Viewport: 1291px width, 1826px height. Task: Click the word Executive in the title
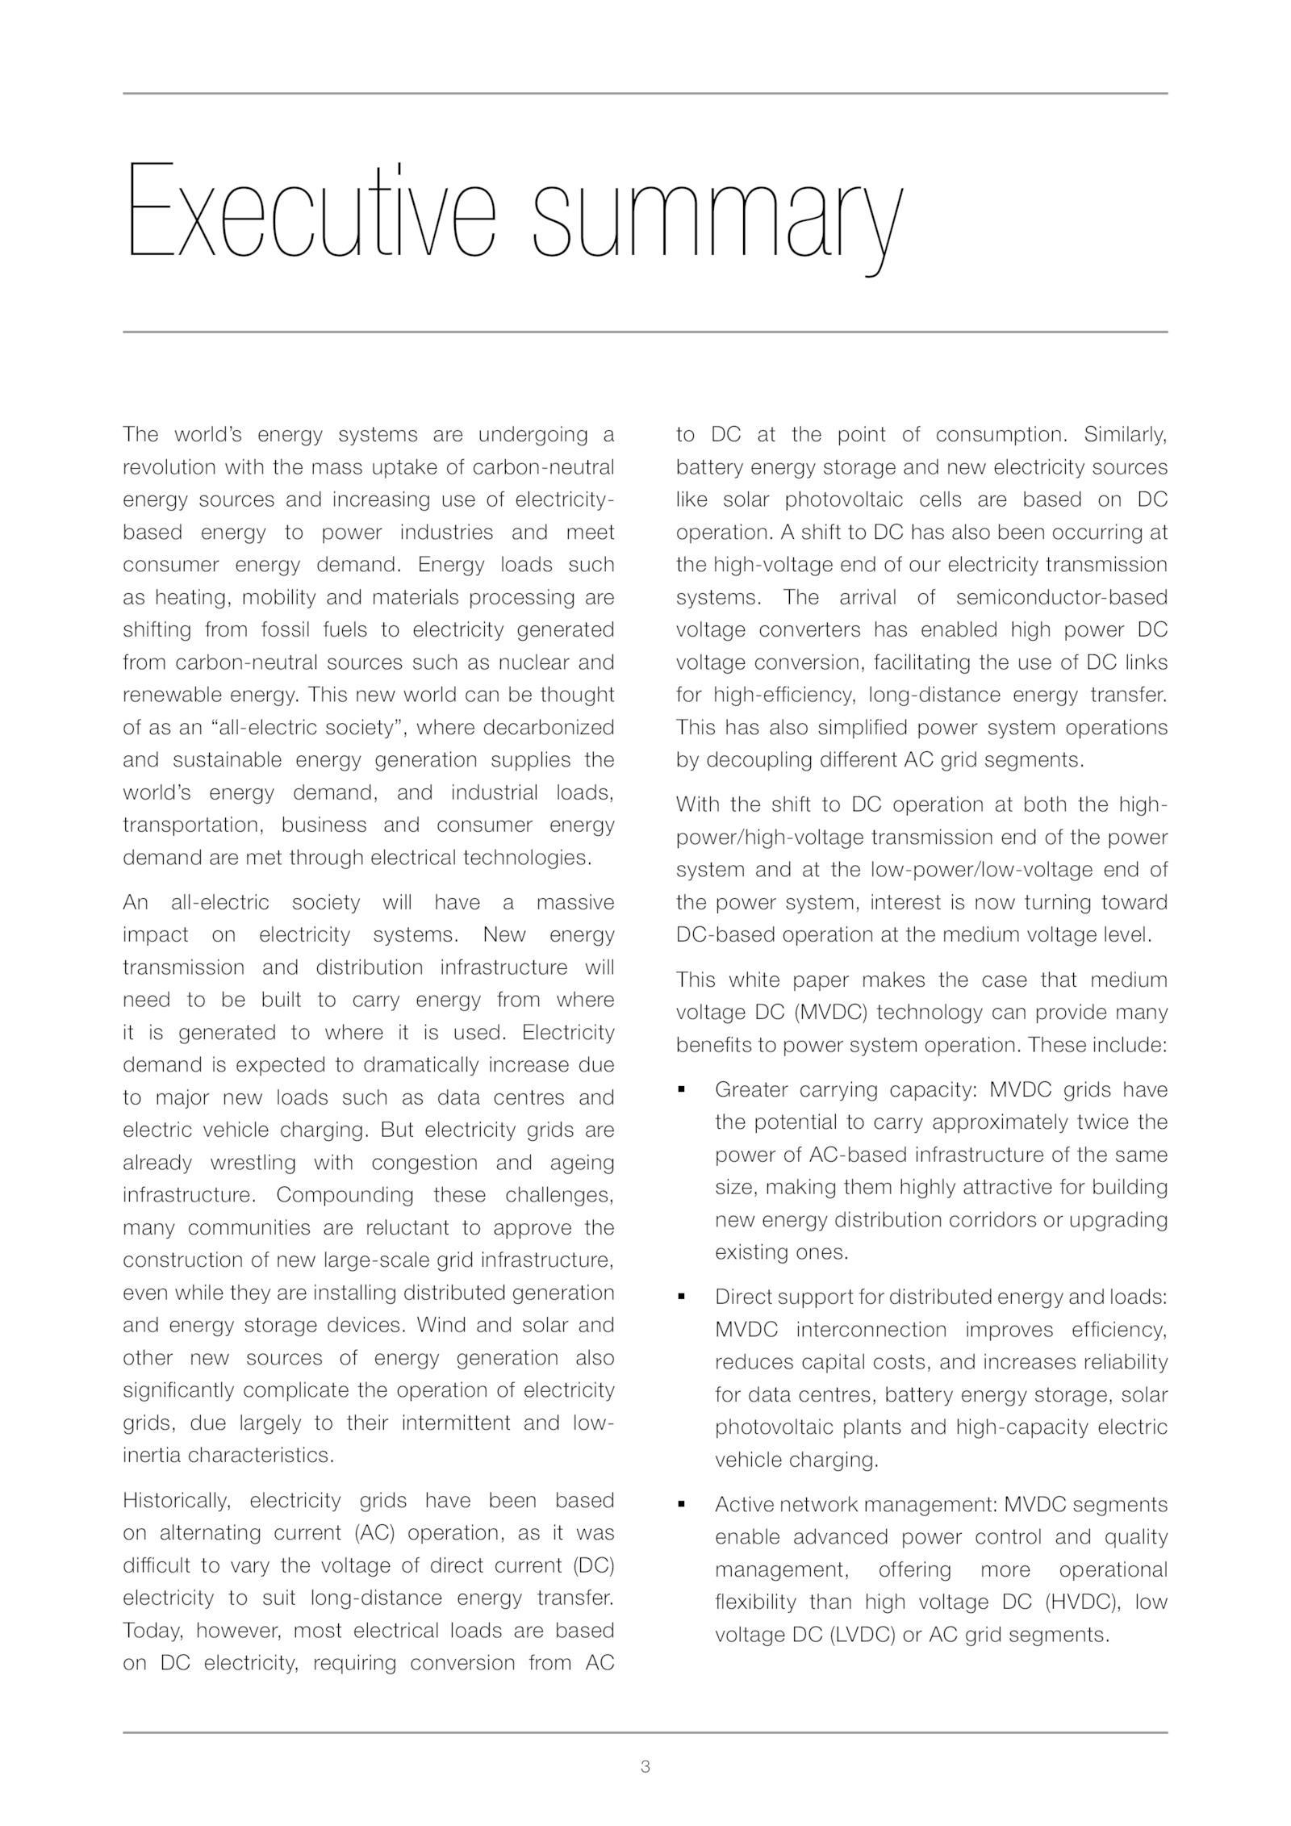pos(310,211)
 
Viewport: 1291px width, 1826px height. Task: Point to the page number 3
pos(645,1767)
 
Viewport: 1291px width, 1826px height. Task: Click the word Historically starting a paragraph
pos(177,1501)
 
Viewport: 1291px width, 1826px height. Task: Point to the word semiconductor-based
pos(1062,598)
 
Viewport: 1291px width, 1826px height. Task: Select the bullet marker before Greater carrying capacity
pos(682,1090)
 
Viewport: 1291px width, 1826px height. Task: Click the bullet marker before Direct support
pos(682,1297)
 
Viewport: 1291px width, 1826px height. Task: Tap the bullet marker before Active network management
pos(682,1505)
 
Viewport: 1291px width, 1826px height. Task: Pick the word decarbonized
pos(549,728)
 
